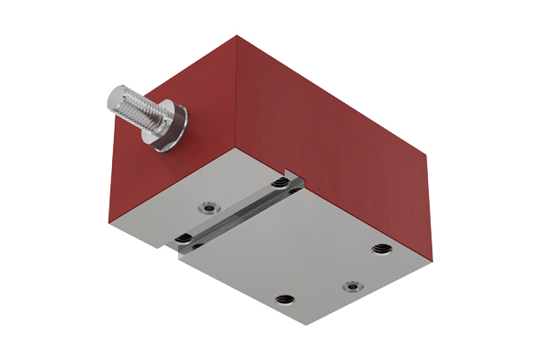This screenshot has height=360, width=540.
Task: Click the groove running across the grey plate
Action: (238, 212)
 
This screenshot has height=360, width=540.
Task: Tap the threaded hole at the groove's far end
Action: (281, 184)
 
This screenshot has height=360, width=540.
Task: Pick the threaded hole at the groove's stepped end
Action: (184, 239)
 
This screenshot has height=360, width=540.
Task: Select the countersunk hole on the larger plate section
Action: (352, 285)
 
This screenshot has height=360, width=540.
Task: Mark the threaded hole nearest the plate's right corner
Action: (381, 248)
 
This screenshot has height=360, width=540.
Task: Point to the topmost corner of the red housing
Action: (237, 35)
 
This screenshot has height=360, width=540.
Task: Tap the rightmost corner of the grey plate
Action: (433, 261)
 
